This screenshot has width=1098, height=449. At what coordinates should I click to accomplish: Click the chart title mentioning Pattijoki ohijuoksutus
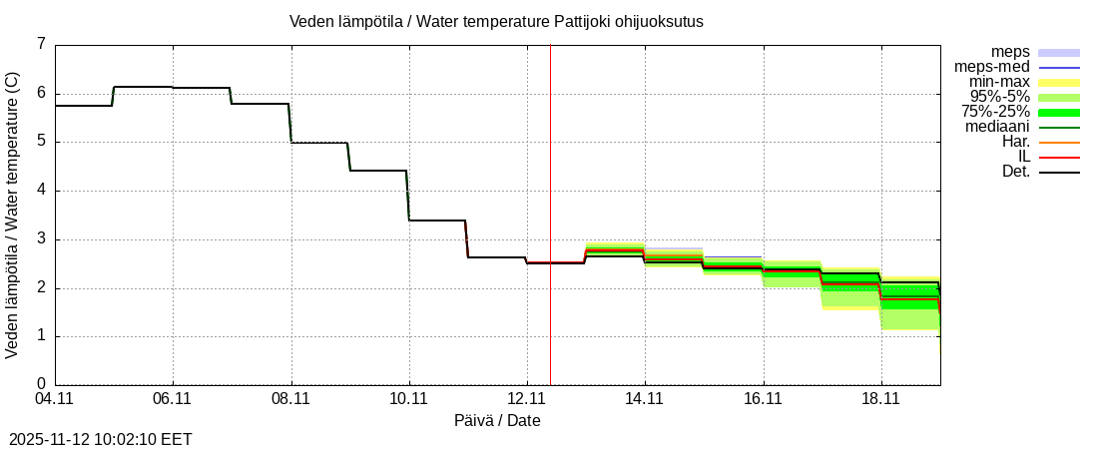(496, 22)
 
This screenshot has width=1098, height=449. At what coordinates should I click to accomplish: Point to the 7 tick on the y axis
(41, 44)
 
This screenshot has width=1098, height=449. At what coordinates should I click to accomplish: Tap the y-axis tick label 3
(41, 239)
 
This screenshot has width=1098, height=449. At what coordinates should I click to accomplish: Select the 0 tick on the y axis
(41, 384)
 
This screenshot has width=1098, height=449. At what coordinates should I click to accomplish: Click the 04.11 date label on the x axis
(54, 399)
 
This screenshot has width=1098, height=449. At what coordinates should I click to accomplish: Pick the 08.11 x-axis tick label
(290, 399)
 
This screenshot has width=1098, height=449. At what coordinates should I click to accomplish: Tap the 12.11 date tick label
(527, 399)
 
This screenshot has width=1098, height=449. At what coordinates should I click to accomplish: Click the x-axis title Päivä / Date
(497, 421)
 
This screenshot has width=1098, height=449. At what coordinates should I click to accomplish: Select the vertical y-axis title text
(13, 215)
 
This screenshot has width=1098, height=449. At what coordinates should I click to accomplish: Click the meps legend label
(1010, 52)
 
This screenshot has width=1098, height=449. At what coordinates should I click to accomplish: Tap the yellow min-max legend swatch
(1059, 82)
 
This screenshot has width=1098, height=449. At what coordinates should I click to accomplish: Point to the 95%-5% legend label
(1000, 97)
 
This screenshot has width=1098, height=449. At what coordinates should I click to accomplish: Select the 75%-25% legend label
(995, 112)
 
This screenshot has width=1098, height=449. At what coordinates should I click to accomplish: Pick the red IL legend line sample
(1059, 157)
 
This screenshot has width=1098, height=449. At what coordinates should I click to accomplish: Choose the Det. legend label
(1015, 172)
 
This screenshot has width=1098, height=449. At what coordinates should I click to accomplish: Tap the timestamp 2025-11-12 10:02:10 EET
(100, 439)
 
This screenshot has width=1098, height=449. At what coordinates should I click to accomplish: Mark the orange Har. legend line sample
(1059, 142)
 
